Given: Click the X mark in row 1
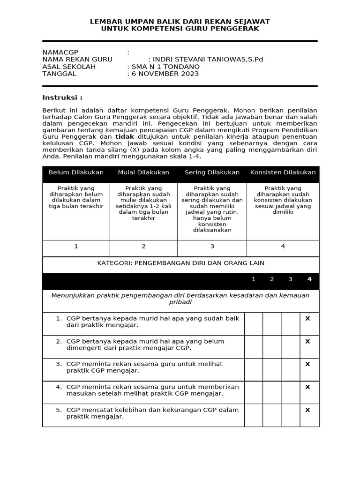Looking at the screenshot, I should [308, 318].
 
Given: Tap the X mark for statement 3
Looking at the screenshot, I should [308, 364].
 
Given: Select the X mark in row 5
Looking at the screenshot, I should [308, 410].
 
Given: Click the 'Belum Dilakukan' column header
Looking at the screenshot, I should [76, 172].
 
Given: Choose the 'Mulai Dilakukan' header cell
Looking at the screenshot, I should [143, 172].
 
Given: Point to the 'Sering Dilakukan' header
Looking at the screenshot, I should [212, 172].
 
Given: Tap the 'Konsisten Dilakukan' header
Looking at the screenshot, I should [283, 172].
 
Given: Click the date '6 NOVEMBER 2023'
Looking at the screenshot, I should [165, 74].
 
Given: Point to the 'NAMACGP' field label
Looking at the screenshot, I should [60, 52].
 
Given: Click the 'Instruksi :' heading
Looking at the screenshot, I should [62, 97].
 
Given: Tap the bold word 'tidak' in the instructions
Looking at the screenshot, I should [125, 136].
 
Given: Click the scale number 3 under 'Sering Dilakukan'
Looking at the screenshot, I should [212, 247].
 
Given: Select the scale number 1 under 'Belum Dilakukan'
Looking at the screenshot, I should [76, 247].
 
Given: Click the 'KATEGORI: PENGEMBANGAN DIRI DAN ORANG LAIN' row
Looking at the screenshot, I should [180, 263].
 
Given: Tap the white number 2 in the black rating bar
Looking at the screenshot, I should [272, 279].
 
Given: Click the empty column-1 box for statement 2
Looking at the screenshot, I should [254, 346].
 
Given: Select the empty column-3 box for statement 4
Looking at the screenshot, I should [291, 392].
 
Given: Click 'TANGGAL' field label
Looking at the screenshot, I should [59, 74].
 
